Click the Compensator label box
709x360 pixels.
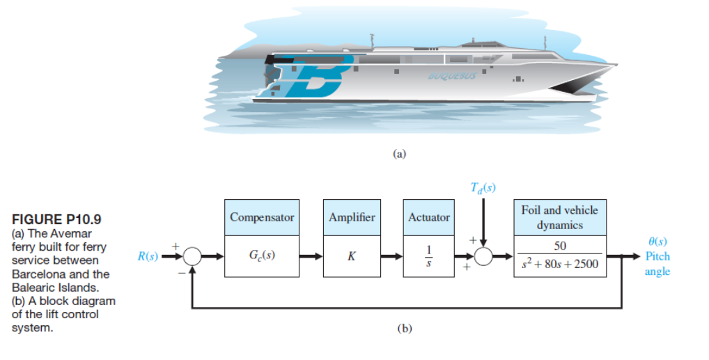point(261,217)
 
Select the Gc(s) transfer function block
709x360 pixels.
point(261,256)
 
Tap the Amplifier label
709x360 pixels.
point(351,217)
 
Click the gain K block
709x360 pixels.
point(351,256)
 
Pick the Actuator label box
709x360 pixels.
point(429,217)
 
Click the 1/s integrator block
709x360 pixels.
point(429,256)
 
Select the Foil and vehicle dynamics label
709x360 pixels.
point(559,217)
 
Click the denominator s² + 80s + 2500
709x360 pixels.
point(559,265)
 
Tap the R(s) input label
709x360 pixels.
point(147,256)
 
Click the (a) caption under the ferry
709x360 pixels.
point(399,155)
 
